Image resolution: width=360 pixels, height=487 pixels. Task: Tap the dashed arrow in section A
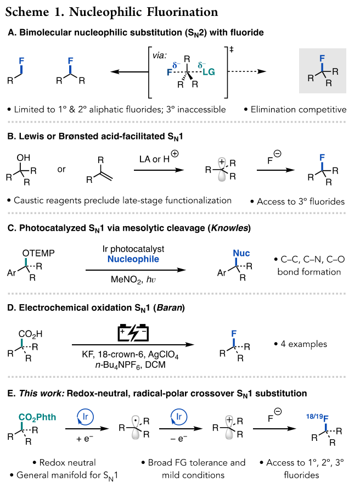[x=255, y=71]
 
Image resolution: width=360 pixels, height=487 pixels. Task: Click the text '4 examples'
[x=301, y=344]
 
